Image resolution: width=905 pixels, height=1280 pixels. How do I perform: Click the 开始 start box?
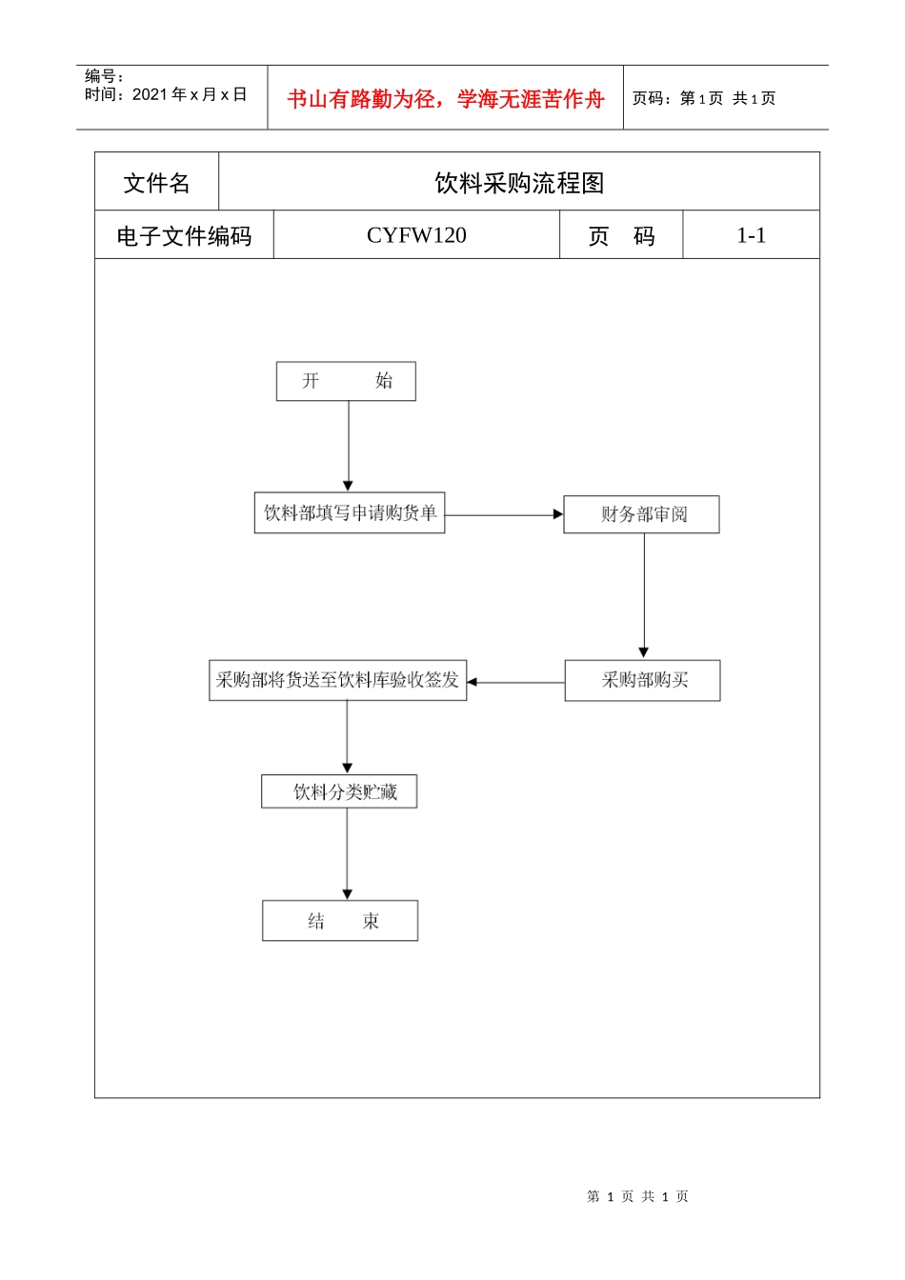(346, 381)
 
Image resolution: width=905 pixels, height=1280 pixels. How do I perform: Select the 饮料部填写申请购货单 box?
(350, 513)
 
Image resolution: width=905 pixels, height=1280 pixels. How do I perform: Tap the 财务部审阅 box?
(641, 514)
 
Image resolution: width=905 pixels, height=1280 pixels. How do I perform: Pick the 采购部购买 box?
(642, 681)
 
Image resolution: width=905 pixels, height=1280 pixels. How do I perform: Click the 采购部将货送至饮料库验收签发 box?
(337, 681)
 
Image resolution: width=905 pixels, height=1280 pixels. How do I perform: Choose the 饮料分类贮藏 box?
(339, 791)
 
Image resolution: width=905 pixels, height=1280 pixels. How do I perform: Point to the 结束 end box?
(340, 921)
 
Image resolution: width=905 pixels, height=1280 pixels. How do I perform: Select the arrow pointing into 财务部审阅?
(504, 515)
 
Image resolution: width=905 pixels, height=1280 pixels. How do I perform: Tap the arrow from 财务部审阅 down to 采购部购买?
(644, 596)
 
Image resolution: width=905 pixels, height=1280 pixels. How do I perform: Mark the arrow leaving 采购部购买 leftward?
(515, 682)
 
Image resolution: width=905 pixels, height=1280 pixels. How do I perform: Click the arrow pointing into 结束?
(347, 853)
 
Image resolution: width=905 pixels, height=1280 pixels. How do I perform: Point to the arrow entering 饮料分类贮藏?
(347, 737)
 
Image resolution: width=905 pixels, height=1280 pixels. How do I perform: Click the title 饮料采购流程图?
(519, 183)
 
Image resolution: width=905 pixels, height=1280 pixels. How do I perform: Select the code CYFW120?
(416, 235)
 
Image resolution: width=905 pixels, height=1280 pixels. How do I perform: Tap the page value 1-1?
(751, 235)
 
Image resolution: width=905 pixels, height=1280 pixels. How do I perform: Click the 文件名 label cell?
(156, 183)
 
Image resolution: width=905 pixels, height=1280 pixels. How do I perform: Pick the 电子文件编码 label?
(184, 236)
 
